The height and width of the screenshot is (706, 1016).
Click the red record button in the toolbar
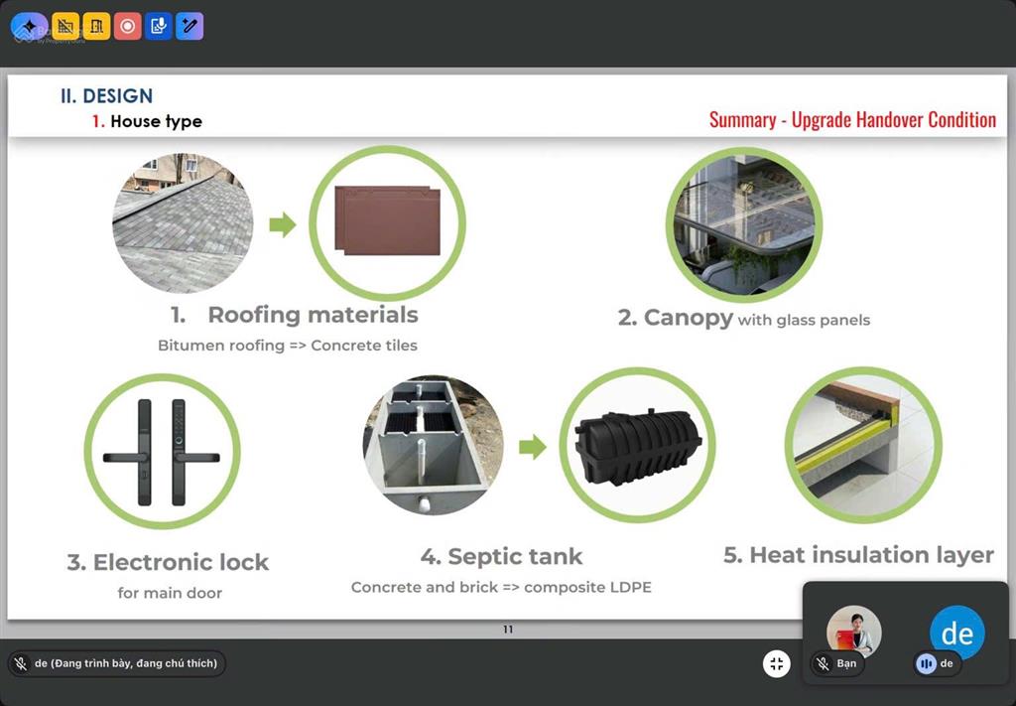(x=128, y=26)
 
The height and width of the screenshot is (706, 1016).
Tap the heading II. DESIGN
(x=107, y=96)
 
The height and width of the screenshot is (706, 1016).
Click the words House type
(x=156, y=121)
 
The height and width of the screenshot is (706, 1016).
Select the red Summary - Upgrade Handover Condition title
(x=852, y=120)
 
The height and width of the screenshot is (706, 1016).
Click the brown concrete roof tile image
(x=388, y=220)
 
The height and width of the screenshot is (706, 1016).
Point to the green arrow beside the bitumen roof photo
(x=283, y=224)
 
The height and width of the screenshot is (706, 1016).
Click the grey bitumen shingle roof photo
(x=184, y=223)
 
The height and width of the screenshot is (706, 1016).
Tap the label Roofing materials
(x=313, y=315)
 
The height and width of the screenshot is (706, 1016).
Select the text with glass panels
(x=804, y=321)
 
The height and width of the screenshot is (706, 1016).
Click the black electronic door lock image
(x=162, y=452)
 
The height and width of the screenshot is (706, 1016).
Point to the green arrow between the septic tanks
(x=533, y=447)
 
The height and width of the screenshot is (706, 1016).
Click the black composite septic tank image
(x=638, y=447)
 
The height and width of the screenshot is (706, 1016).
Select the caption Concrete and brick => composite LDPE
(x=501, y=588)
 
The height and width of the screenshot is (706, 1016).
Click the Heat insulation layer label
(x=858, y=555)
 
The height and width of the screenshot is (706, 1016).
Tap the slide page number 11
(x=508, y=629)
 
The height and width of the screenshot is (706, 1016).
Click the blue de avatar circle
(x=957, y=633)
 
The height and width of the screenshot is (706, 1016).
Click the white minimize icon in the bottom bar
(x=776, y=664)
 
